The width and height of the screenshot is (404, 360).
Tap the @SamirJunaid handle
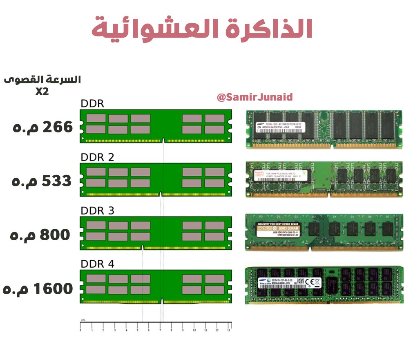pyautogui.click(x=254, y=98)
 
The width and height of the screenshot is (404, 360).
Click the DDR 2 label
pyautogui.click(x=97, y=157)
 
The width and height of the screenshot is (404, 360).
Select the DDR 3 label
pyautogui.click(x=97, y=211)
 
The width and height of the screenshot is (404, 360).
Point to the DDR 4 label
pyautogui.click(x=97, y=264)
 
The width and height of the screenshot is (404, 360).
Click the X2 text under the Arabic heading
pyautogui.click(x=42, y=92)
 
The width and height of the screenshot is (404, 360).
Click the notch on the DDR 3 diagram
pyautogui.click(x=142, y=247)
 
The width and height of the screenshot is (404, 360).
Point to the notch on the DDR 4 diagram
pyautogui.click(x=162, y=301)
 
